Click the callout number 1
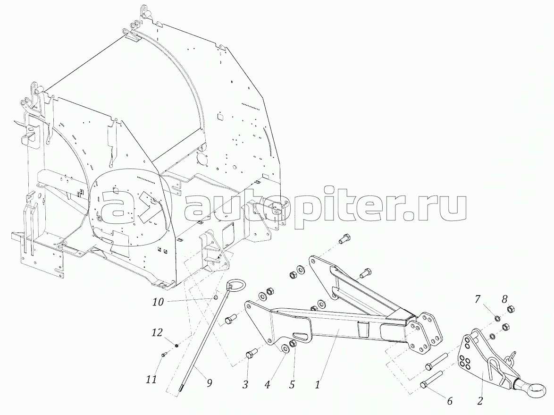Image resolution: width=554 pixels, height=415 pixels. click(318, 385)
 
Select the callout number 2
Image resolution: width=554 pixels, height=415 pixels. click(480, 401)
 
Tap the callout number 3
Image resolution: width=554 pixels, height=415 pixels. click(245, 385)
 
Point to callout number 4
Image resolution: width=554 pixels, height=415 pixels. click(268, 385)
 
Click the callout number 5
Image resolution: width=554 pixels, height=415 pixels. click(292, 385)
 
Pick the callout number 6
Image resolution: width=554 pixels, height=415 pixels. click(449, 401)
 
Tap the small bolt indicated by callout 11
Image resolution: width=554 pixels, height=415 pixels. click(163, 355)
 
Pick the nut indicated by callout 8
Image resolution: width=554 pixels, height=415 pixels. click(510, 310)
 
